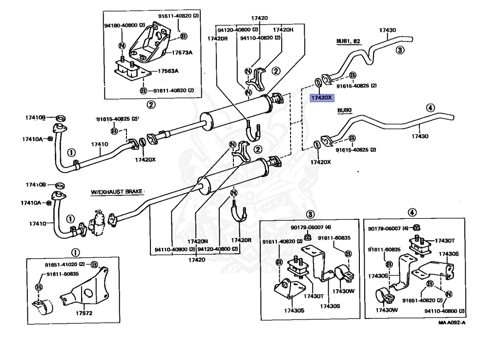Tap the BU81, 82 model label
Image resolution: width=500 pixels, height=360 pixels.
(x=348, y=42)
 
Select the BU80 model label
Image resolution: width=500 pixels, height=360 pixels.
(x=344, y=111)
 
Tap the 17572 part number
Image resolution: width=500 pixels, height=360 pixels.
(x=84, y=313)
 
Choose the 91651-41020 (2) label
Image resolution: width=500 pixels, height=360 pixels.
(x=65, y=265)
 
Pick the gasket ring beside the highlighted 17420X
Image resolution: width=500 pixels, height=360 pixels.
(x=318, y=81)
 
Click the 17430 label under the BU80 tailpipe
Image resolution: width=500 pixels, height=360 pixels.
(x=419, y=136)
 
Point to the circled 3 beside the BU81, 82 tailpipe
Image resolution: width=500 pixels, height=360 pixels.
(x=399, y=50)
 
